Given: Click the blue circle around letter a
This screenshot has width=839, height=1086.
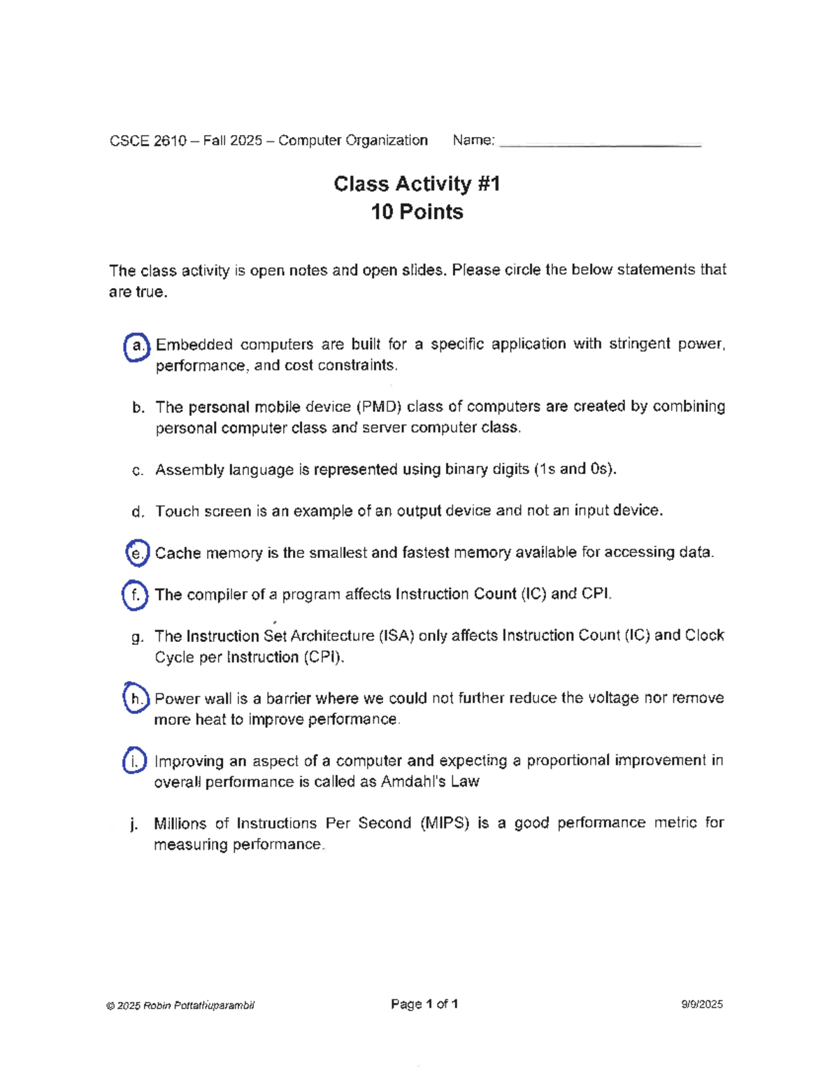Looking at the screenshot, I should click(x=137, y=346).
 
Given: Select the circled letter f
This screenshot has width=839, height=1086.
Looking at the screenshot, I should click(x=135, y=595).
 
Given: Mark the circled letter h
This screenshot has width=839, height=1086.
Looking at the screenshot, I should click(x=136, y=699).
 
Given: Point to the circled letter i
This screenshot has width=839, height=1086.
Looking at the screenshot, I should click(x=134, y=761).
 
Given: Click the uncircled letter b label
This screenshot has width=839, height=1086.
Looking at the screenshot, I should click(x=138, y=408).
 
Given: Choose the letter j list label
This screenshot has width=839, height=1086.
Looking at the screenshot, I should click(x=134, y=824).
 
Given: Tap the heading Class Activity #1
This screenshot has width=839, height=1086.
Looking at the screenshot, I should click(x=417, y=184).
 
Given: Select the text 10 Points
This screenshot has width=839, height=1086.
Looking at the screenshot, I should click(x=417, y=212).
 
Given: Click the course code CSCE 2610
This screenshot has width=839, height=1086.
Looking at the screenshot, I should click(x=148, y=141).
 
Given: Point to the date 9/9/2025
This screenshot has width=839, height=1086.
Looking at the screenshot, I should click(x=702, y=1005).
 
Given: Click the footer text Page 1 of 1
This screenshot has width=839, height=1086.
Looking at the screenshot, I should click(x=424, y=1004).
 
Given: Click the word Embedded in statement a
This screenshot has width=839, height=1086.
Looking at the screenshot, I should click(x=194, y=345).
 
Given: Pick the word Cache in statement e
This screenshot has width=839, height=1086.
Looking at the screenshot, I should click(x=178, y=553).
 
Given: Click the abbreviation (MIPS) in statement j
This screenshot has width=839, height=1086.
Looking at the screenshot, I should click(x=444, y=823).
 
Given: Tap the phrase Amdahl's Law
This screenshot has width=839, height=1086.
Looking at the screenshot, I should click(x=430, y=782).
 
